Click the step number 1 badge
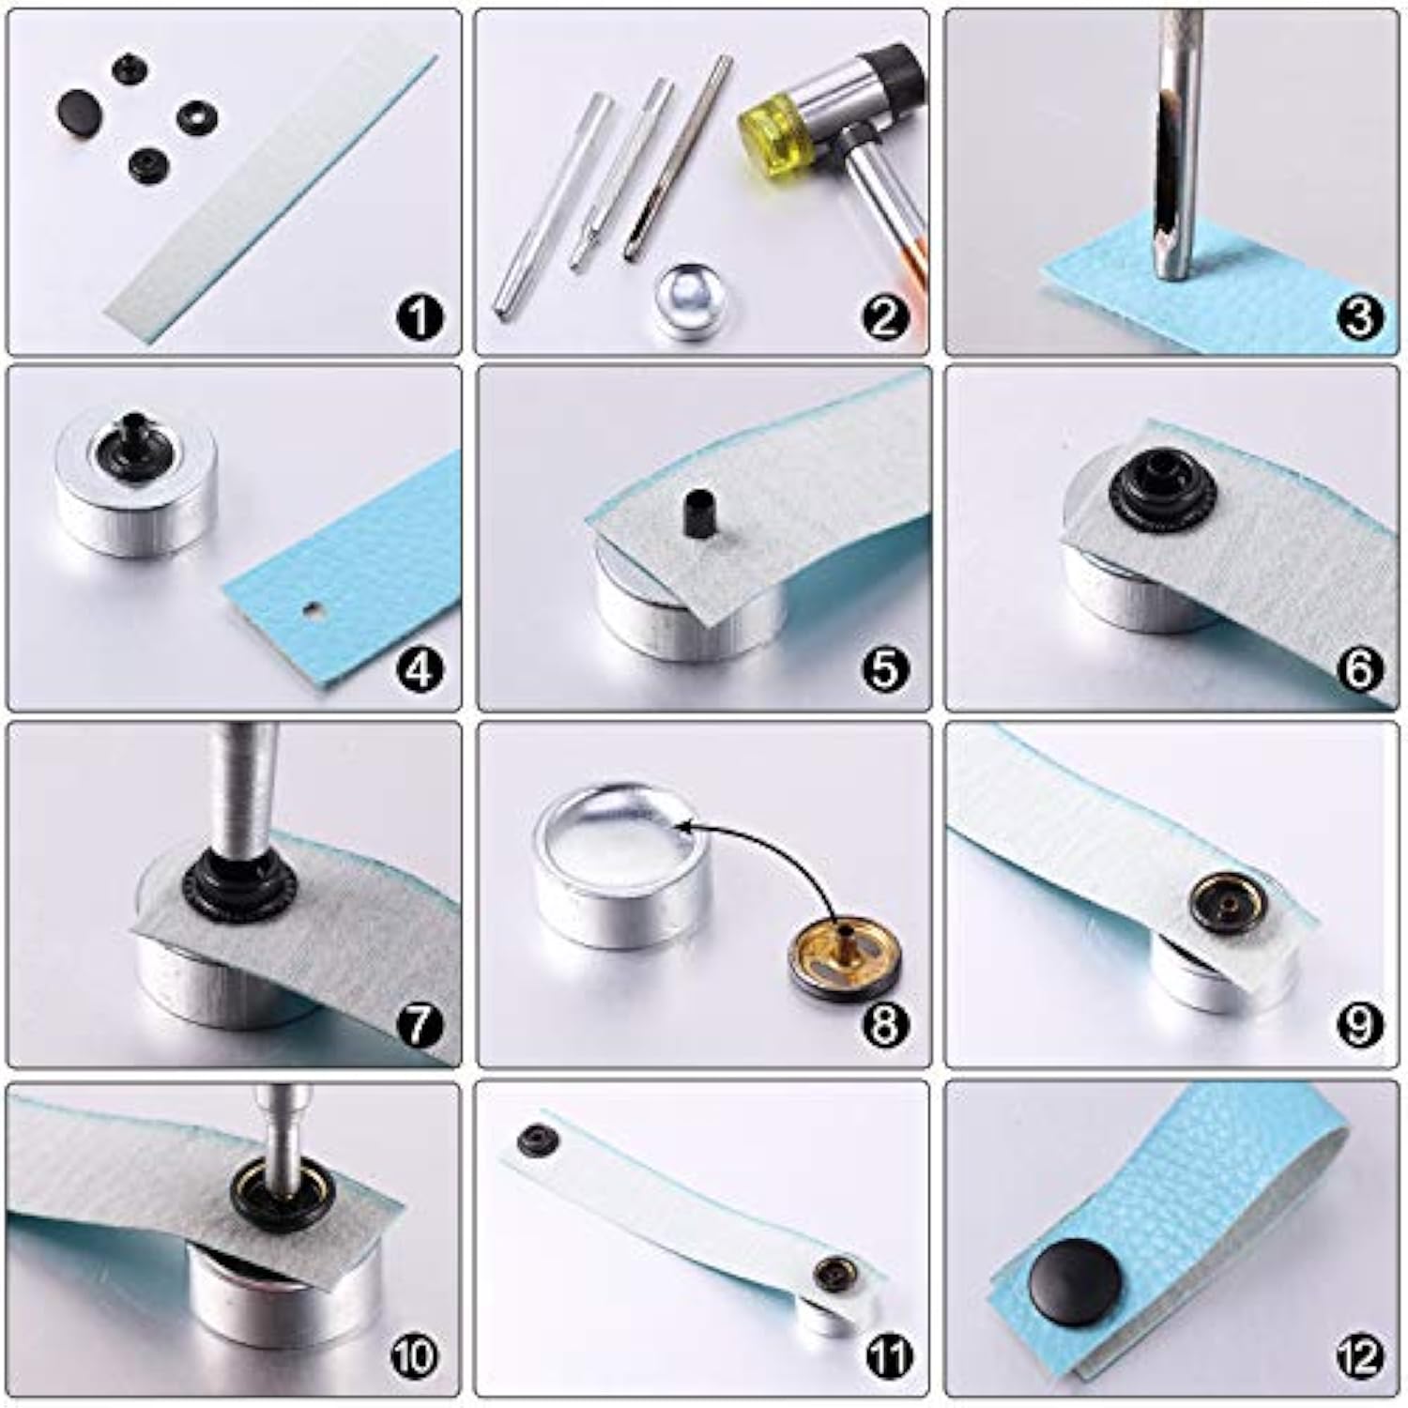(x=420, y=317)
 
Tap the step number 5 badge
(x=885, y=670)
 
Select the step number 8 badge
(x=885, y=1025)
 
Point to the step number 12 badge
(x=1359, y=1355)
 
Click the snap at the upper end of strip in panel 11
(x=538, y=1139)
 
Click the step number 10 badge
(x=416, y=1355)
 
